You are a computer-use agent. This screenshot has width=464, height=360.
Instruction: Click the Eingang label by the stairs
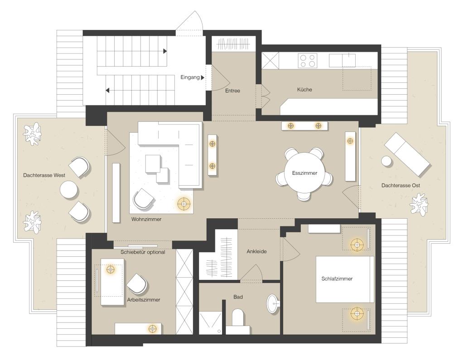(x=190, y=77)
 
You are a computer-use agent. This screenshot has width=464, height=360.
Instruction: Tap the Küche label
(x=304, y=89)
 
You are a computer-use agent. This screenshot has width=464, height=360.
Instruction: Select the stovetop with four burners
(x=307, y=60)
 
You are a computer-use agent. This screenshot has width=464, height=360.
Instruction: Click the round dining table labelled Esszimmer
(x=304, y=173)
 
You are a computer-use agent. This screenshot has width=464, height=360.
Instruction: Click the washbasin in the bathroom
(x=273, y=304)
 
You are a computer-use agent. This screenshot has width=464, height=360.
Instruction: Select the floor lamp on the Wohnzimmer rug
(x=184, y=204)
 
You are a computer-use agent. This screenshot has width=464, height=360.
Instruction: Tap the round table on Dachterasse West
(x=70, y=189)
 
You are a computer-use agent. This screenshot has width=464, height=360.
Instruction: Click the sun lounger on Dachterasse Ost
(x=407, y=154)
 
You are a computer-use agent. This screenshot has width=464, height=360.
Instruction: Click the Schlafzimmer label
(x=337, y=279)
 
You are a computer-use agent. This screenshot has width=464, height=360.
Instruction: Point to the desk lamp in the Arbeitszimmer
(x=110, y=269)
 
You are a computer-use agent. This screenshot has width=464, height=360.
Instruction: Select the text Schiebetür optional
(x=143, y=252)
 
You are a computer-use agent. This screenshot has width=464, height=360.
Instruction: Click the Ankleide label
(x=256, y=251)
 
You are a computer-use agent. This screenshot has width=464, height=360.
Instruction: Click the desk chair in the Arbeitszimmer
(x=137, y=284)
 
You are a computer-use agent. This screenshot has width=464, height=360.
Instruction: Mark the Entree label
(x=232, y=91)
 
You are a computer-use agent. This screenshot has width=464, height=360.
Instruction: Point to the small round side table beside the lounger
(x=387, y=161)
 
